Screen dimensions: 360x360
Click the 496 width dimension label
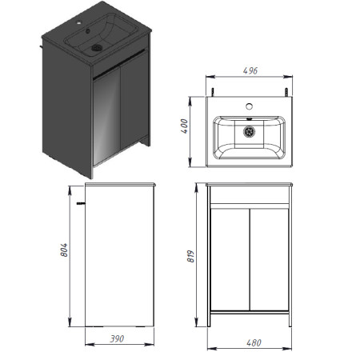[250, 70]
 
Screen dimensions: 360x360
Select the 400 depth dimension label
[184, 126]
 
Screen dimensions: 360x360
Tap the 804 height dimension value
[64, 250]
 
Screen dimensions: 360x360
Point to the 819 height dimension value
[190, 256]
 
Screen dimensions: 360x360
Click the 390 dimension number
[117, 338]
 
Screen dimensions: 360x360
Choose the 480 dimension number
[254, 342]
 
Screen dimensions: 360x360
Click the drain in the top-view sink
[249, 132]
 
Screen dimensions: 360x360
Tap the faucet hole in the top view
[249, 106]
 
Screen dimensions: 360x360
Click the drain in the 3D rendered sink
[97, 48]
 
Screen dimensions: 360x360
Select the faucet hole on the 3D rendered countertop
[79, 23]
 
